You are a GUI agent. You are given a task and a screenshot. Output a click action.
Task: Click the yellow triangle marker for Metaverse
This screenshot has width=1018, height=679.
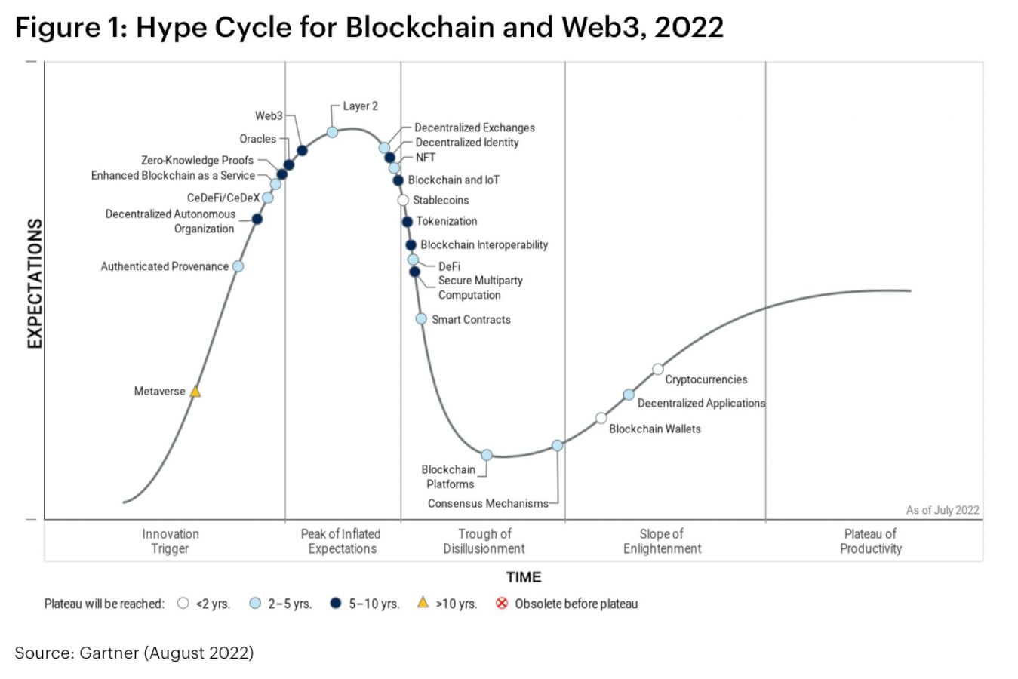coord(195,392)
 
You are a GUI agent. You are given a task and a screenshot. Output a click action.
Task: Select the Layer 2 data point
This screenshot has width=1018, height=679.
coord(332,132)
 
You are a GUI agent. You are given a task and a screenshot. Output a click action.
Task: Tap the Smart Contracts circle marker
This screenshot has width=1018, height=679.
coord(421,319)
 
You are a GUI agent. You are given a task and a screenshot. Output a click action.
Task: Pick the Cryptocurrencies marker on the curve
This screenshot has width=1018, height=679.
coord(658,369)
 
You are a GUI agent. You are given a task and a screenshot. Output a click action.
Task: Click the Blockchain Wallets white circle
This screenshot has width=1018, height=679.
coord(601,418)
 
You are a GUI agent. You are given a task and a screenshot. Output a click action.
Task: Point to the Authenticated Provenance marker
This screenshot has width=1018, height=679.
coord(238,266)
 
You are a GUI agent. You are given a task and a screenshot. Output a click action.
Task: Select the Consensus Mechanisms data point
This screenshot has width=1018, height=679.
coord(557,446)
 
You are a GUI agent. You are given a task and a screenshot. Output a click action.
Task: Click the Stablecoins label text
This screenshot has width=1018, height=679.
coord(441,200)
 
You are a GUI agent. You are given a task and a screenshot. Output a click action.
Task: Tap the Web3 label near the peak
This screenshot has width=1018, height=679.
coord(269,115)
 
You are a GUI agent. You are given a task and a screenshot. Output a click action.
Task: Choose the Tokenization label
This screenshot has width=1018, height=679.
coord(447,221)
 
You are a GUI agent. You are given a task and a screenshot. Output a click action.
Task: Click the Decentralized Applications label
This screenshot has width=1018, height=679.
coord(701,403)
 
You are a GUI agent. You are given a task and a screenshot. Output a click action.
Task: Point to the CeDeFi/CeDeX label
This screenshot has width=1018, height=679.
coord(223,198)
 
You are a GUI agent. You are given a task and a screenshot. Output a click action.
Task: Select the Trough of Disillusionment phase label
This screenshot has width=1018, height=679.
coord(484,541)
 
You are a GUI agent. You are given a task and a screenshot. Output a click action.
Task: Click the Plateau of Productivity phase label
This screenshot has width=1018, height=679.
coord(870,541)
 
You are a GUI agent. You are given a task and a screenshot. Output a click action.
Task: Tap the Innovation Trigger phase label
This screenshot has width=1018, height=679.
coord(171,541)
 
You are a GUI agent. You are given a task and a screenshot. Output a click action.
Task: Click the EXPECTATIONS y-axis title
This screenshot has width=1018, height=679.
coord(34,284)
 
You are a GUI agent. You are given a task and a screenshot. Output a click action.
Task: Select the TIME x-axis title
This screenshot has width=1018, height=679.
coord(524,577)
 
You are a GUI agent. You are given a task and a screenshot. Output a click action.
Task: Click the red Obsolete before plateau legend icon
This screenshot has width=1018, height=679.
coord(502,603)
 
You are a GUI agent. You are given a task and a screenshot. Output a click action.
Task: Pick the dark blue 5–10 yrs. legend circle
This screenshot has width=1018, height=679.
coord(337,603)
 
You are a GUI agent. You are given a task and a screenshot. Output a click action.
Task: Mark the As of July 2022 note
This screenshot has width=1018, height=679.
coord(943,510)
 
